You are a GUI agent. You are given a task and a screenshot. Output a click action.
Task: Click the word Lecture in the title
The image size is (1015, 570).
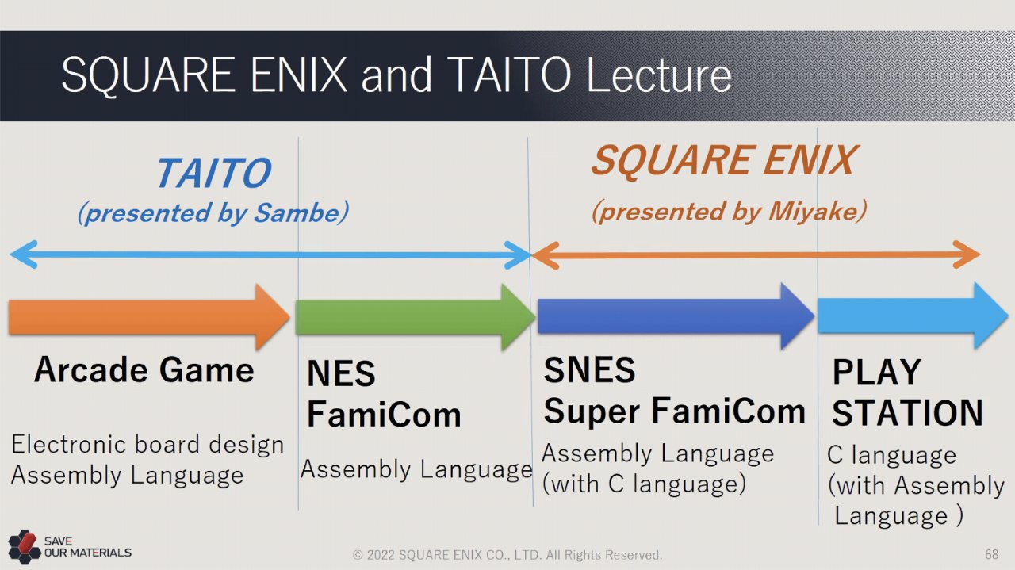[x=659, y=75]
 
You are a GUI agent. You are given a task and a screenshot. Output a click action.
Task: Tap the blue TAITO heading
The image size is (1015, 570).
[x=214, y=173]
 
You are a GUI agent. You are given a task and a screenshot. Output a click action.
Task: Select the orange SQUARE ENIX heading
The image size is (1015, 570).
[x=725, y=160]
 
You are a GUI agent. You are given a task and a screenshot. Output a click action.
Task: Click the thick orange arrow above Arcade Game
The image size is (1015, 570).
[x=148, y=317]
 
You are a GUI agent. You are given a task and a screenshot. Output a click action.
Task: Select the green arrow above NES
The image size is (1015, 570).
[x=416, y=317]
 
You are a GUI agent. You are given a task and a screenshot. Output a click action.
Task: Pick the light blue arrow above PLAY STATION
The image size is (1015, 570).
[x=913, y=316]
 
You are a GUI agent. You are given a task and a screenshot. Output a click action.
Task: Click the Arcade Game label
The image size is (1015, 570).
[x=144, y=369]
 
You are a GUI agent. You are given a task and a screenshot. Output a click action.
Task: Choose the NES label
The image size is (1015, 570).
[x=341, y=373]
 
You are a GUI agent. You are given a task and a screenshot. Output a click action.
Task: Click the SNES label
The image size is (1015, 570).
[x=589, y=369]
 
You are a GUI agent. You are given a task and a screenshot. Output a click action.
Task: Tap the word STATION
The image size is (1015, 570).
[x=908, y=413]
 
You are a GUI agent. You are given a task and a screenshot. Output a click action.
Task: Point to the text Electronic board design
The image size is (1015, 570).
[x=147, y=444]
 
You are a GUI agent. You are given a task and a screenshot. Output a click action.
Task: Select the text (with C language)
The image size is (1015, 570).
[x=644, y=484]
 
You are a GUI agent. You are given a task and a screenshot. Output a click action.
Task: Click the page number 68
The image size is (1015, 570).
[x=991, y=555]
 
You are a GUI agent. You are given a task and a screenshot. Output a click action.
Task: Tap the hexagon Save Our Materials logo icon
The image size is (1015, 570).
[x=25, y=546]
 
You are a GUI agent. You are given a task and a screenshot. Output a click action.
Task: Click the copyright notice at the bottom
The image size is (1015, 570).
[x=507, y=555]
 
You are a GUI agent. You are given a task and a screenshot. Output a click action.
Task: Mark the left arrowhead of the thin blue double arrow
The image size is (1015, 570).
[x=23, y=254]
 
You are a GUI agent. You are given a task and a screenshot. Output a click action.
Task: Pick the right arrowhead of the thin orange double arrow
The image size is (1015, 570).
[x=968, y=254]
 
